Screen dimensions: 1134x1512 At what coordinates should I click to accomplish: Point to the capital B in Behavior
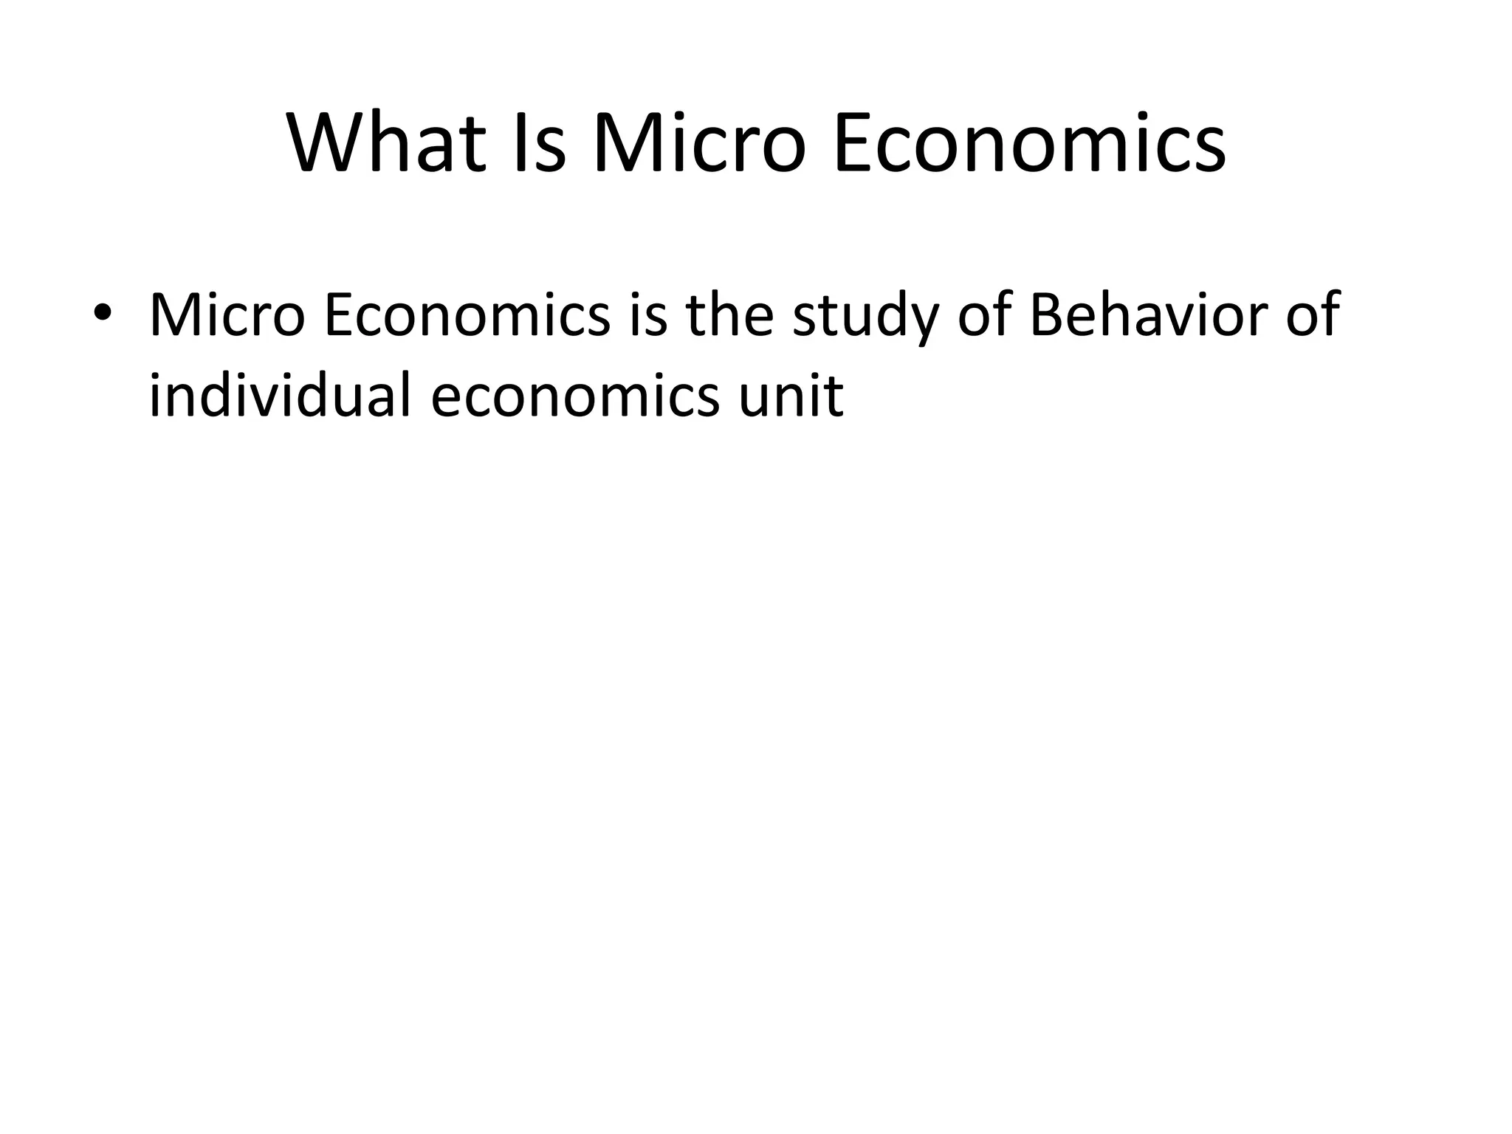[x=1047, y=315]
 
